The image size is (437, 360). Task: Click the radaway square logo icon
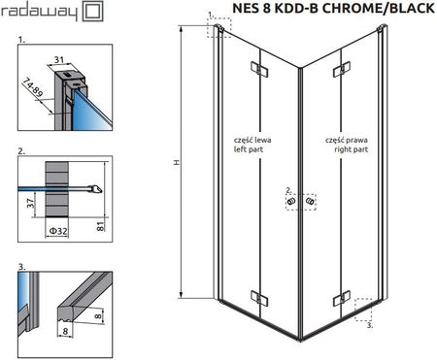(x=93, y=11)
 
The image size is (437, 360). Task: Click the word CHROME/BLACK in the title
(x=379, y=8)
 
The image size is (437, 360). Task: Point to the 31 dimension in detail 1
(x=58, y=60)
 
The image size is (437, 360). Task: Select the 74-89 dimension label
(x=32, y=87)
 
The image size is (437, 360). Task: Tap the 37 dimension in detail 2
(x=30, y=204)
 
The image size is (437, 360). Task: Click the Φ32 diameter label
(x=58, y=231)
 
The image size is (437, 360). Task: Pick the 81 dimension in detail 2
(x=101, y=226)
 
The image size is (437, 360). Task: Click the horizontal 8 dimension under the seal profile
(x=66, y=331)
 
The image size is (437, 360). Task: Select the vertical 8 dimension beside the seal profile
(x=99, y=314)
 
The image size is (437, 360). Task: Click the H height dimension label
(x=177, y=163)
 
